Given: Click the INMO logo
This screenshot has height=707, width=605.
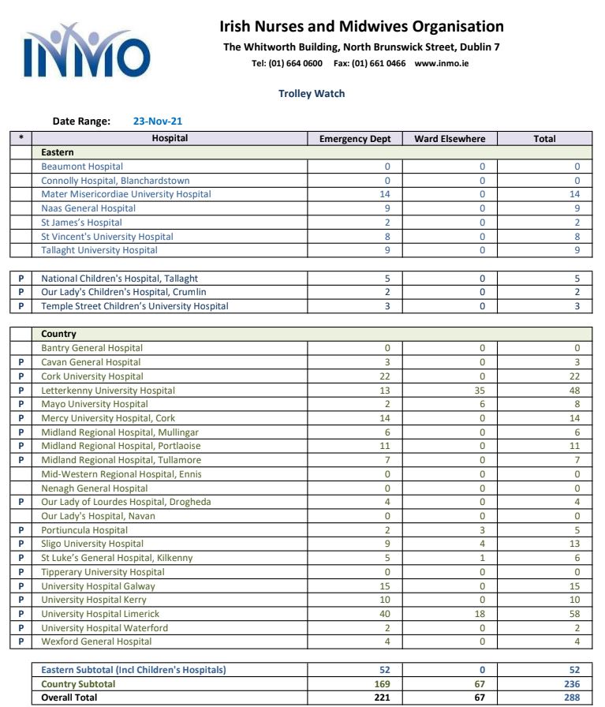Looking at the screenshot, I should coord(87,52).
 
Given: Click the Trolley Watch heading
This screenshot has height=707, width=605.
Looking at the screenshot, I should coord(312,93).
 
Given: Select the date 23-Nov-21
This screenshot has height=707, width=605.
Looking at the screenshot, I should coord(159,122).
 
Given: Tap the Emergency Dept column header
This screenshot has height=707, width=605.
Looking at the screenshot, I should coord(355,139).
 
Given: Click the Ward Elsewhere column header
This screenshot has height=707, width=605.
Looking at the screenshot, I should coord(450,139).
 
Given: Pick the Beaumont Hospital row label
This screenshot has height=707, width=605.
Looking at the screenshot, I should coord(82,166).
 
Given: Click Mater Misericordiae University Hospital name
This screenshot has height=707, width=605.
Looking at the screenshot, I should coord(126,194).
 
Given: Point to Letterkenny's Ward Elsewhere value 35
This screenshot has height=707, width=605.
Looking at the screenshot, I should coord(481,391).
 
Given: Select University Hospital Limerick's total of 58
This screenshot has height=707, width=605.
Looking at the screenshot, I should coord(574,614).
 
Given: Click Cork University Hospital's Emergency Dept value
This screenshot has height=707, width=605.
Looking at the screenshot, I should coord(385,376).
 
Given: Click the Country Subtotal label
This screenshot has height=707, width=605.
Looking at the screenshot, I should coord(78,684).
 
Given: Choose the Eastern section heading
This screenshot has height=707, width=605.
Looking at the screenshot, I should coord(58,152).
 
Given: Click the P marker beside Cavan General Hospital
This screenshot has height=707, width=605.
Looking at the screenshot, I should coord(21,362).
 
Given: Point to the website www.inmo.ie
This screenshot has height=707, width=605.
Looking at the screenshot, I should coord(441,63).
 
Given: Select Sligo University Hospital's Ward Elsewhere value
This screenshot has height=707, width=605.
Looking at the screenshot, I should coord(482,544).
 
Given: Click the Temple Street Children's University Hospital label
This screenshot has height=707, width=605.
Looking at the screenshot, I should coord(135,306).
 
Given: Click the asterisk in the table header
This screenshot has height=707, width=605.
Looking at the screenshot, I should coord(21,139).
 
